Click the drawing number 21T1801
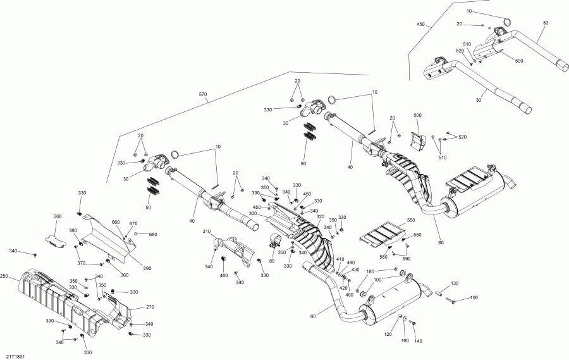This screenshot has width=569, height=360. (17, 356)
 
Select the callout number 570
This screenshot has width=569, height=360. (202, 95)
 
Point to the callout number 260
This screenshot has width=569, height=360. (58, 216)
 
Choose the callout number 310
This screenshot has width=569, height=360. (206, 232)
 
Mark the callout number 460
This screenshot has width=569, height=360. (223, 275)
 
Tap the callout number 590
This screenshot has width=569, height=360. (407, 259)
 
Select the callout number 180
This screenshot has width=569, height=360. (370, 271)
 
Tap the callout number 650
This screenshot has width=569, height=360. (152, 235)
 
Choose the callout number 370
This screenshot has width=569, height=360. (81, 264)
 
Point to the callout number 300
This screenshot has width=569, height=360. (253, 214)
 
